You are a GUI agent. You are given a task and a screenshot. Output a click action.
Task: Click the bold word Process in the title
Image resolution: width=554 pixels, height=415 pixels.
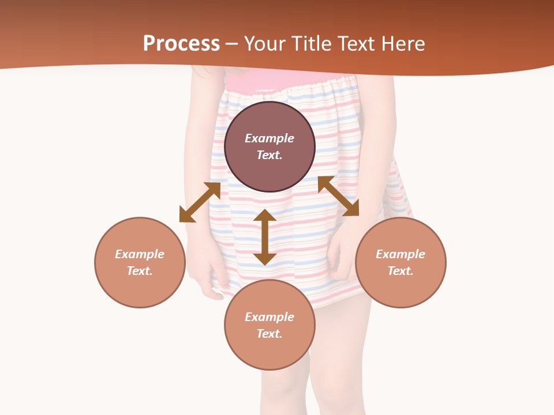[x=181, y=44]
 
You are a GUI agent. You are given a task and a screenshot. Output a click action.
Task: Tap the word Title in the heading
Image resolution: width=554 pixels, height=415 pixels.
[x=314, y=44]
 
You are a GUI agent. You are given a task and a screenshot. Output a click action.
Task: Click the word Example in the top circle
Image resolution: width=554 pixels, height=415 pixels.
[x=269, y=138]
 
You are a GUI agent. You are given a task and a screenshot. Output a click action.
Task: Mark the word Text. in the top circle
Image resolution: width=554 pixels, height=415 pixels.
[x=269, y=155]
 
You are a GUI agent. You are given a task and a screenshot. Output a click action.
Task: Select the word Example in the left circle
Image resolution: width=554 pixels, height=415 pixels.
[x=140, y=254]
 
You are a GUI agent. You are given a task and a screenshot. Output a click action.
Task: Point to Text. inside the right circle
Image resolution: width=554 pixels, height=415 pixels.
[x=400, y=271]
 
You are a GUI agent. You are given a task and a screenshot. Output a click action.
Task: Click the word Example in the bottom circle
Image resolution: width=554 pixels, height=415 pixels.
[x=269, y=317]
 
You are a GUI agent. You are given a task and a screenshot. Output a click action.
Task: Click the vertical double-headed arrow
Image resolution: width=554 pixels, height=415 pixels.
[x=265, y=237]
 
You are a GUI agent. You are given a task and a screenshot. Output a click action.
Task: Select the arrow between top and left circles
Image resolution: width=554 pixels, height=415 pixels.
[x=200, y=202]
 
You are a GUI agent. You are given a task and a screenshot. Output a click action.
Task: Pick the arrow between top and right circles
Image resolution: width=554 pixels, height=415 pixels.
[x=338, y=196]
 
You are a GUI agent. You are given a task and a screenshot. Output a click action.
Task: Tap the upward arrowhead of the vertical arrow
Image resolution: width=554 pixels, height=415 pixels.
[x=265, y=216]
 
